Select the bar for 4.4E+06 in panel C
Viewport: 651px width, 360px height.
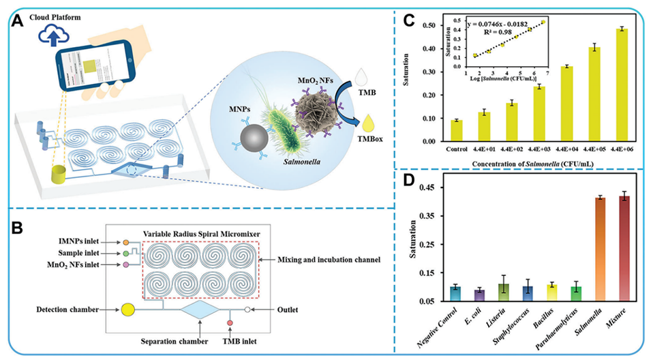point(616,85)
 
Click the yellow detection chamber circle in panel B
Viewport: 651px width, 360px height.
point(127,310)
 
